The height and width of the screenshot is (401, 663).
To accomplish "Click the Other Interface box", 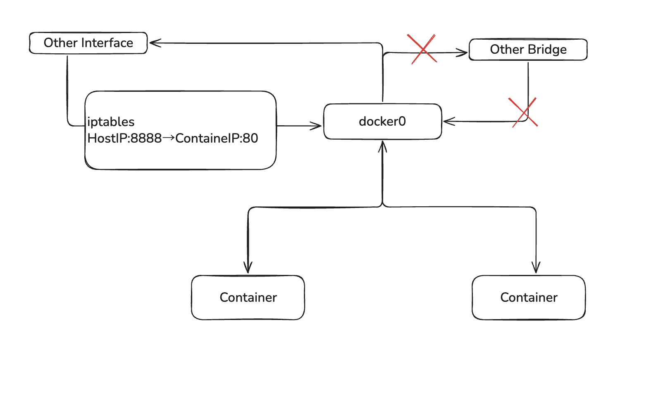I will coord(88,43).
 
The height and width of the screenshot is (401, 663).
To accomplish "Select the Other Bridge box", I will coord(528,50).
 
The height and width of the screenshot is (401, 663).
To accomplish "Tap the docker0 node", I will coord(382,122).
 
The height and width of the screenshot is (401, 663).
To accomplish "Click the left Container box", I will coord(248,297).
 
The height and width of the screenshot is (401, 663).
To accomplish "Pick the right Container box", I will coord(529,297).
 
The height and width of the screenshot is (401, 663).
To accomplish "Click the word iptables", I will coord(111,122).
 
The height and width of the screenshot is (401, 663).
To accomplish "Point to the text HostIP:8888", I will coord(124,138).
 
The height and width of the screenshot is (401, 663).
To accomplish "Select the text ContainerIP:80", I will coord(217,138).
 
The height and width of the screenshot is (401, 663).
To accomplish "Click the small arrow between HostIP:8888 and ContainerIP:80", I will coord(169,138).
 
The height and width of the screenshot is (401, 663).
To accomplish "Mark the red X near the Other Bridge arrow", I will coord(422,49).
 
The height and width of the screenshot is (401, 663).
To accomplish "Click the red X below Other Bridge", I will coord(524,112).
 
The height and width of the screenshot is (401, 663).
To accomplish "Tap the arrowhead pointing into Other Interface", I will coord(154,43).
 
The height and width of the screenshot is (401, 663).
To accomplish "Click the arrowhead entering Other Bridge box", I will coord(463,53).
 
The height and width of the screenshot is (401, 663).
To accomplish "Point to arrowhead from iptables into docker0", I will coord(317,126).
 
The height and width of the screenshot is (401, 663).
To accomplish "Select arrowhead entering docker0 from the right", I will coord(448,122).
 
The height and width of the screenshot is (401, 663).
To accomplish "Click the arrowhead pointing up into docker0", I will coord(382,146).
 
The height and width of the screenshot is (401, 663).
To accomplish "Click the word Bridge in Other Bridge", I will coord(547,50).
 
